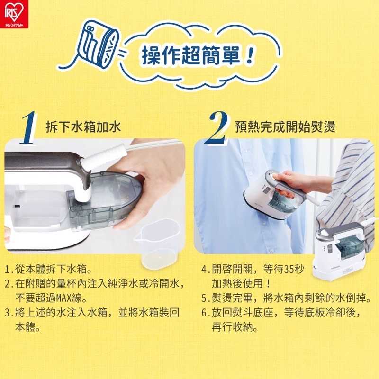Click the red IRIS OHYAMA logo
14,14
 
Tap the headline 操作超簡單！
197,55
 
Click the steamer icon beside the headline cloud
98,45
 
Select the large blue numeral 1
29,127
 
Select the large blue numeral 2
217,127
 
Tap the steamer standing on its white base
339,252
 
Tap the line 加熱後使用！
242,283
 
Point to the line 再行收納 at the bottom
235,327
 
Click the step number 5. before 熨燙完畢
206,298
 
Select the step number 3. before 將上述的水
9,313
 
